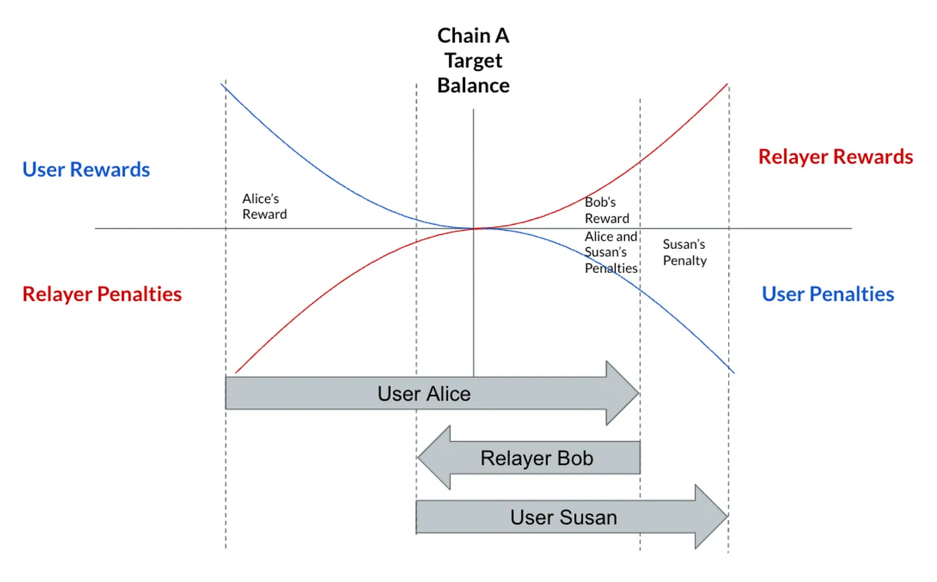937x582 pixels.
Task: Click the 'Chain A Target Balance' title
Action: click(473, 60)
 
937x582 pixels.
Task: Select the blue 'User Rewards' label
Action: click(86, 170)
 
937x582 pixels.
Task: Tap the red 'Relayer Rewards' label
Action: click(835, 157)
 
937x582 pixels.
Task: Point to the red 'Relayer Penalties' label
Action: click(102, 294)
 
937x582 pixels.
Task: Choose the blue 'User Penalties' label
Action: click(828, 294)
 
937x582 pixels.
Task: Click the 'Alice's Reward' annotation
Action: click(264, 206)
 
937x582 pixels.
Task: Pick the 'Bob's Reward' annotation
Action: click(606, 210)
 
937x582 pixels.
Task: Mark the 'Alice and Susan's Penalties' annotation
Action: click(610, 252)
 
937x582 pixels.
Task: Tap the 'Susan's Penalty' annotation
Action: click(684, 252)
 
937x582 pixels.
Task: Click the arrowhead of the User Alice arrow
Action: click(622, 393)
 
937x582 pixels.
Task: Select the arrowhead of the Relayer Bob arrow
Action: click(435, 458)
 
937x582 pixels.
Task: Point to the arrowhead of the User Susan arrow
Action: click(711, 516)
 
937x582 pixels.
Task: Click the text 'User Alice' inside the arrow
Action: click(424, 394)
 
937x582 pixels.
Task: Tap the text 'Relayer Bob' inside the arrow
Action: click(537, 458)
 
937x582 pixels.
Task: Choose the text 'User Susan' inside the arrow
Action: click(564, 517)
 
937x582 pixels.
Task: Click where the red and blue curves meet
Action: click(477, 228)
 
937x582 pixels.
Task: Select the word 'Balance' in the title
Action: click(473, 86)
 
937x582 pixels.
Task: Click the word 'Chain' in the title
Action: click(464, 35)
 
